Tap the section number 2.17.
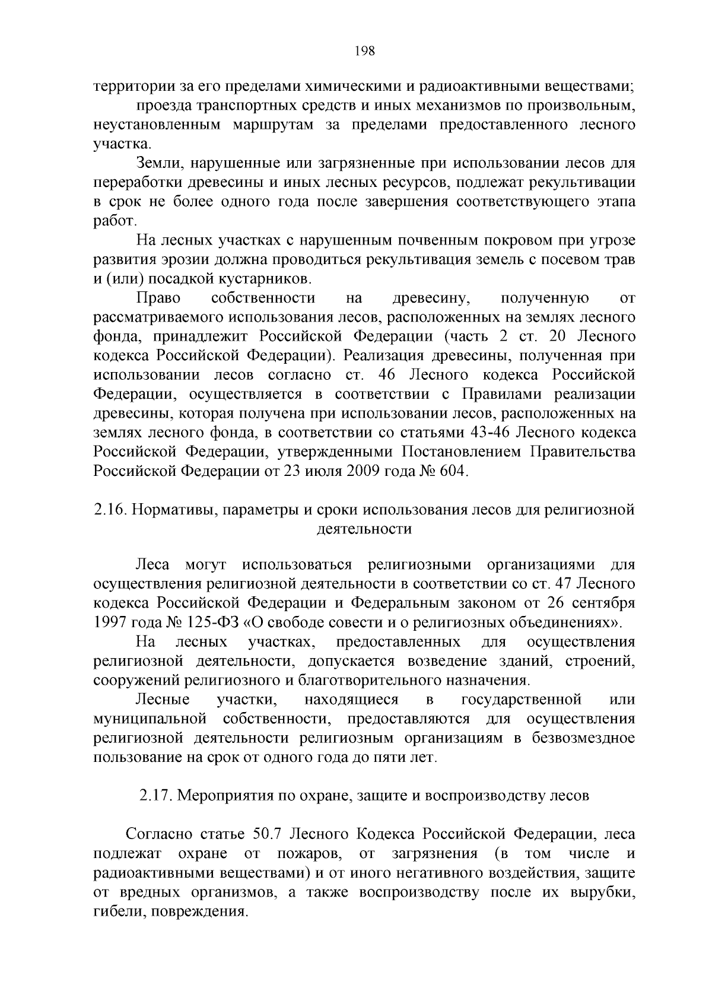coord(155,796)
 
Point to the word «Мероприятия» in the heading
coord(226,796)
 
